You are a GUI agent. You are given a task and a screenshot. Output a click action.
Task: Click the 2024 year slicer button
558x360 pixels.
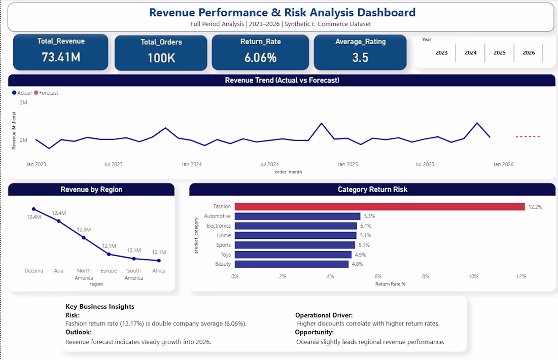tap(471, 53)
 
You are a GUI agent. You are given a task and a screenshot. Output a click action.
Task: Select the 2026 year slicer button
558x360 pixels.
tap(529, 53)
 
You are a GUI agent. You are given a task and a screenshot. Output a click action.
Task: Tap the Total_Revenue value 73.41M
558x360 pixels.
tap(61, 57)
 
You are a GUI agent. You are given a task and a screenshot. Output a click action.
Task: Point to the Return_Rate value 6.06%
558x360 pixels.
tap(260, 57)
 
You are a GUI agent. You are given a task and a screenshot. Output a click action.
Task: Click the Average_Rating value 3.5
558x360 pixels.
tap(360, 57)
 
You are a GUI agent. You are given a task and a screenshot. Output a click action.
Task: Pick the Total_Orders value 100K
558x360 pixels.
tap(161, 58)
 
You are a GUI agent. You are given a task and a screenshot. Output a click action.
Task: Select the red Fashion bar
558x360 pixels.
tap(379, 206)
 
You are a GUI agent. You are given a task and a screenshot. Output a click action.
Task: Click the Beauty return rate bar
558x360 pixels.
tap(292, 264)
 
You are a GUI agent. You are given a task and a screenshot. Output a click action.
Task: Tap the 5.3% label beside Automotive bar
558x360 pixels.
tap(369, 216)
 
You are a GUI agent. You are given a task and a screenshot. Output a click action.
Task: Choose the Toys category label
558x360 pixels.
tap(225, 255)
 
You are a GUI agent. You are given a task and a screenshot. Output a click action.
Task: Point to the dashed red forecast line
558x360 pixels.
tap(528, 136)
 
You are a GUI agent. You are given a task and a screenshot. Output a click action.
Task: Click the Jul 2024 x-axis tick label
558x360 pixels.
tap(269, 164)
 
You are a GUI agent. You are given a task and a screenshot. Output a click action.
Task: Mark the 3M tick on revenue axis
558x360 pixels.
tap(23, 102)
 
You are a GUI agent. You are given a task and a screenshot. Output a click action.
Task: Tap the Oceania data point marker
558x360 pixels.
tap(34, 209)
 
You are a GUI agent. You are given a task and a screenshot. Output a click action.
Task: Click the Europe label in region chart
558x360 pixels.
tap(109, 271)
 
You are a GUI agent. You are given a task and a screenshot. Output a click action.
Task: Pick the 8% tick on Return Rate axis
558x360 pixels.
tap(426, 276)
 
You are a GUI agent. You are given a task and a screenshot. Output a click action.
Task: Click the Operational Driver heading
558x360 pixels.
tap(324, 315)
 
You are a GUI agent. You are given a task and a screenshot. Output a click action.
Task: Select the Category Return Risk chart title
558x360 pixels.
tap(372, 190)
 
